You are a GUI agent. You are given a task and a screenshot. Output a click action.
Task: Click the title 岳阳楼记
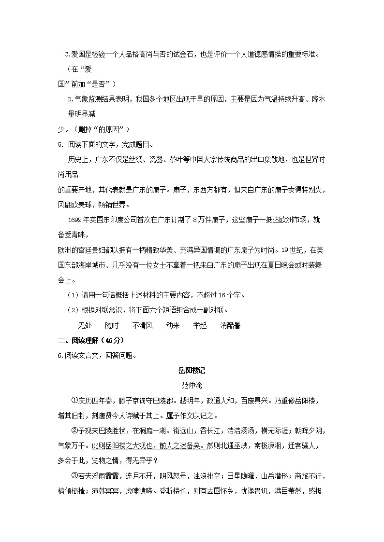(192, 371)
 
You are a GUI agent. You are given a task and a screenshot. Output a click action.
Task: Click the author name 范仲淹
(192, 386)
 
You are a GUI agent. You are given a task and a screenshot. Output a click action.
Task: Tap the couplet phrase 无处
(85, 325)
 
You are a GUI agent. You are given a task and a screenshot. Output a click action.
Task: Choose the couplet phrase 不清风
(142, 325)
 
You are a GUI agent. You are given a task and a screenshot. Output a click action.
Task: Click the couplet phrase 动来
(173, 325)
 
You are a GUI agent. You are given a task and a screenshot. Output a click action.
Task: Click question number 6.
(60, 356)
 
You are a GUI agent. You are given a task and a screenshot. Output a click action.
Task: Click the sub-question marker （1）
(72, 295)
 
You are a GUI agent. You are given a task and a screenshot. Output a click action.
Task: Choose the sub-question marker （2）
(72, 310)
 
